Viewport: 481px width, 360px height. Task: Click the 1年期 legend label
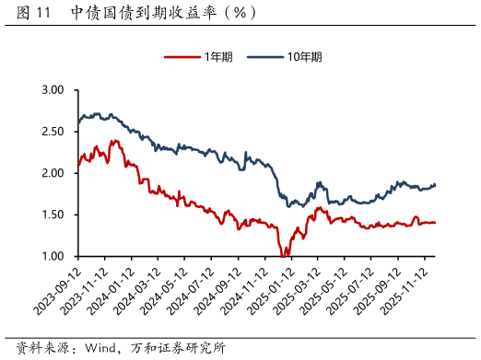coord(220,57)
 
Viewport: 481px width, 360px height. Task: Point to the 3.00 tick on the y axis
coord(52,90)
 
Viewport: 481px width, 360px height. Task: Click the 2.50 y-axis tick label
coord(52,132)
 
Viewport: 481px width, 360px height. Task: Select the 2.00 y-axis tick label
coord(52,173)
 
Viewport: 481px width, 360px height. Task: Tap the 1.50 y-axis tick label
coord(52,215)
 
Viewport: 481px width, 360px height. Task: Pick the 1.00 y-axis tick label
coord(52,256)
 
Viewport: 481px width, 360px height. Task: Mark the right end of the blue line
coord(436,184)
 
